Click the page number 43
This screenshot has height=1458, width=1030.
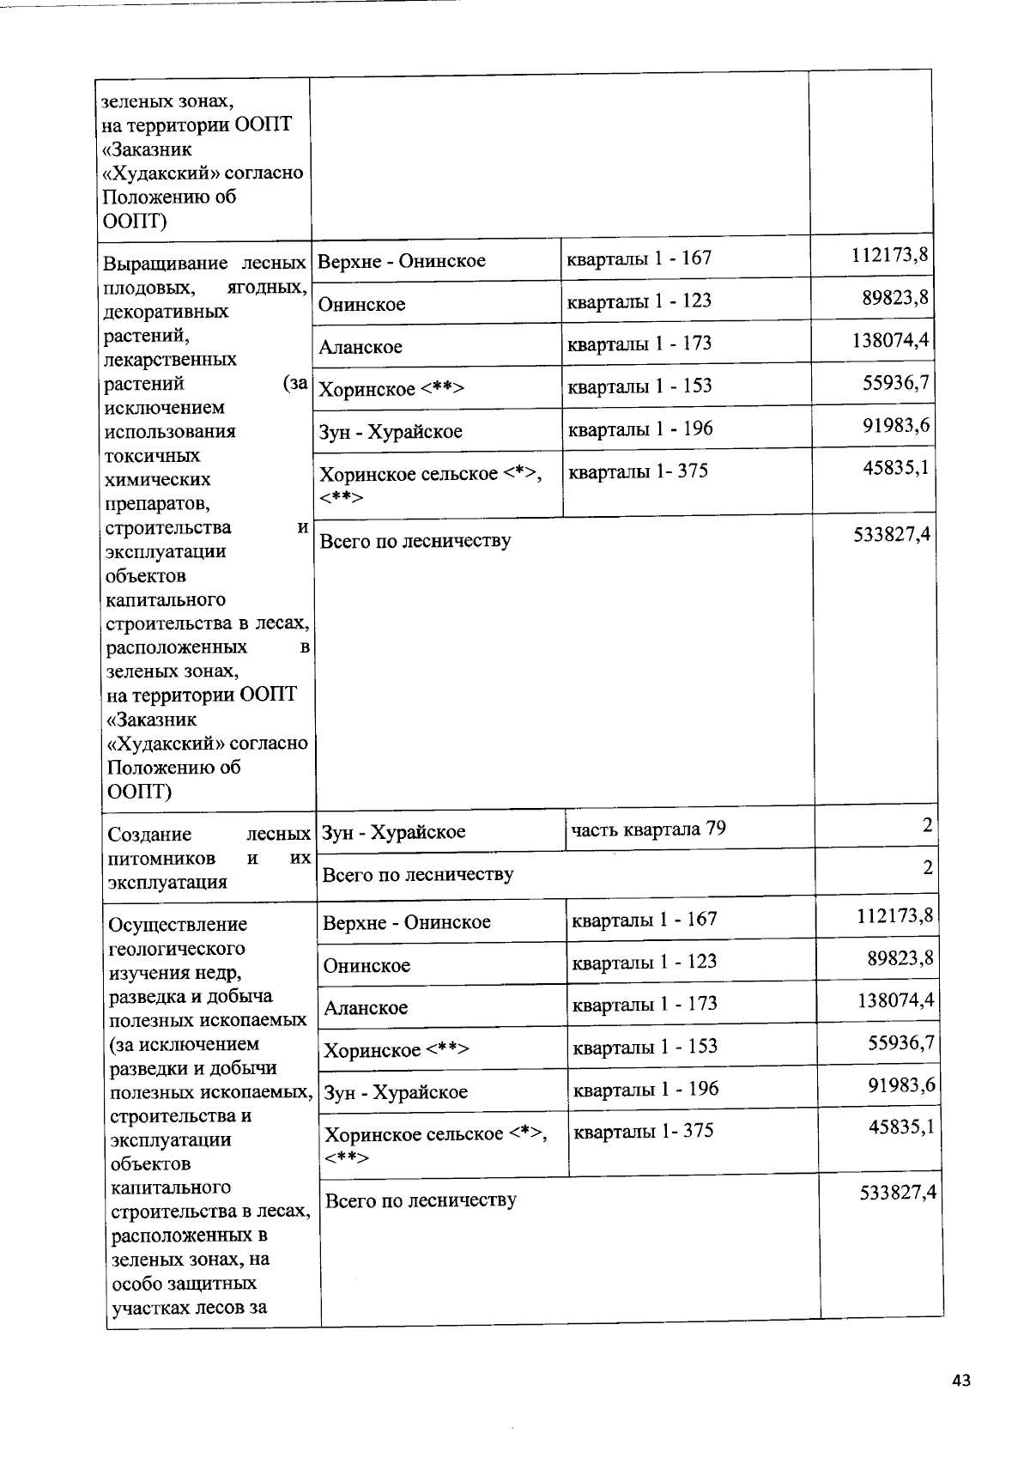961,1380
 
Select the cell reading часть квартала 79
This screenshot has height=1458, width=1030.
648,829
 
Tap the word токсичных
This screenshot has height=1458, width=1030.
152,456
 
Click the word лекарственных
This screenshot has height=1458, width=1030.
169,360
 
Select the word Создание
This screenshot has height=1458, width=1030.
149,835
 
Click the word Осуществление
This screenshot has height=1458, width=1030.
178,925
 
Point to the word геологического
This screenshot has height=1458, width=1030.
178,949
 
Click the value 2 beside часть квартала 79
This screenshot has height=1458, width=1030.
927,826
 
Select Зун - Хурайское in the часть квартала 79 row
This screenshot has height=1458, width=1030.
394,832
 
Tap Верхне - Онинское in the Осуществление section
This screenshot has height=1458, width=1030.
407,923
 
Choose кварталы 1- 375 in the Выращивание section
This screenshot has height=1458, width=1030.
639,471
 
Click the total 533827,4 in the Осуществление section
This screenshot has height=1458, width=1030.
897,1193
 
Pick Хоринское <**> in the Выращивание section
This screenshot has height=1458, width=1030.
391,390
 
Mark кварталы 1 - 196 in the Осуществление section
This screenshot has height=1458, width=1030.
645,1089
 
